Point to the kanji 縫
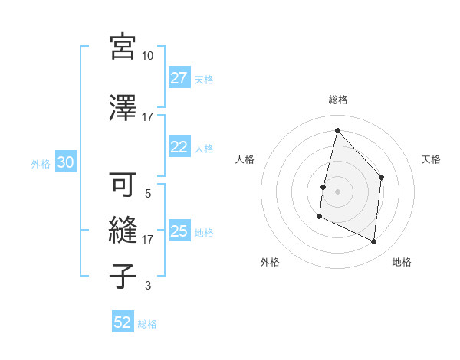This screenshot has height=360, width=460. tap(123, 230)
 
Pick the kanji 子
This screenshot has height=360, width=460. tap(123, 276)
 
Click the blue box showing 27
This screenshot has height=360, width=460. tap(179, 77)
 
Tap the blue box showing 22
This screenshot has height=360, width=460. tap(179, 147)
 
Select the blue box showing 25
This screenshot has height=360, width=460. tap(179, 231)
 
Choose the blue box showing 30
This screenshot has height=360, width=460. tap(65, 162)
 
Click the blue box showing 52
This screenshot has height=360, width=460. tap(123, 322)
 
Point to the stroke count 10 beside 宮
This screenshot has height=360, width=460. tap(147, 56)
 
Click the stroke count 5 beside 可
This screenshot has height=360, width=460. tap(148, 194)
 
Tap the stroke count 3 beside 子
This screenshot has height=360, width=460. tap(148, 286)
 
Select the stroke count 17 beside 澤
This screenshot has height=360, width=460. tap(147, 117)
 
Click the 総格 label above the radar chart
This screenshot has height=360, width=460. tap(337, 100)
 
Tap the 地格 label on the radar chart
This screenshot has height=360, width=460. tap(402, 262)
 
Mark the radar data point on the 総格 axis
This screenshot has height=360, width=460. tap(337, 129)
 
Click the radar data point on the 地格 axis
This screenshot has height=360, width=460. tap(374, 242)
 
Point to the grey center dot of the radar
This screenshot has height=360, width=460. tap(337, 191)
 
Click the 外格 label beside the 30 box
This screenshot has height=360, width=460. tap(41, 163)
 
